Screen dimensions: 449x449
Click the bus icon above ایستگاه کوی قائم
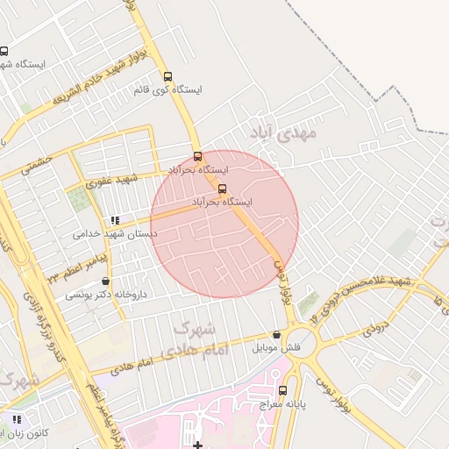tap(168, 76)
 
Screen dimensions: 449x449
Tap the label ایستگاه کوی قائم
tap(167, 90)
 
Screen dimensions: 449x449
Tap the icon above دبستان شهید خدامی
tap(114, 220)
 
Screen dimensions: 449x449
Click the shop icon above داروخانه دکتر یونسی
tap(106, 282)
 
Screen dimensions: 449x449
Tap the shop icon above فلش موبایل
tap(277, 334)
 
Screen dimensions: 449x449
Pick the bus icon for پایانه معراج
tap(282, 390)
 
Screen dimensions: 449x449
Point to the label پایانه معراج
tap(282, 404)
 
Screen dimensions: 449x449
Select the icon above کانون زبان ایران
tap(16, 418)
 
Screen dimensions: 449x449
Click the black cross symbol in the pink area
tap(198, 445)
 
